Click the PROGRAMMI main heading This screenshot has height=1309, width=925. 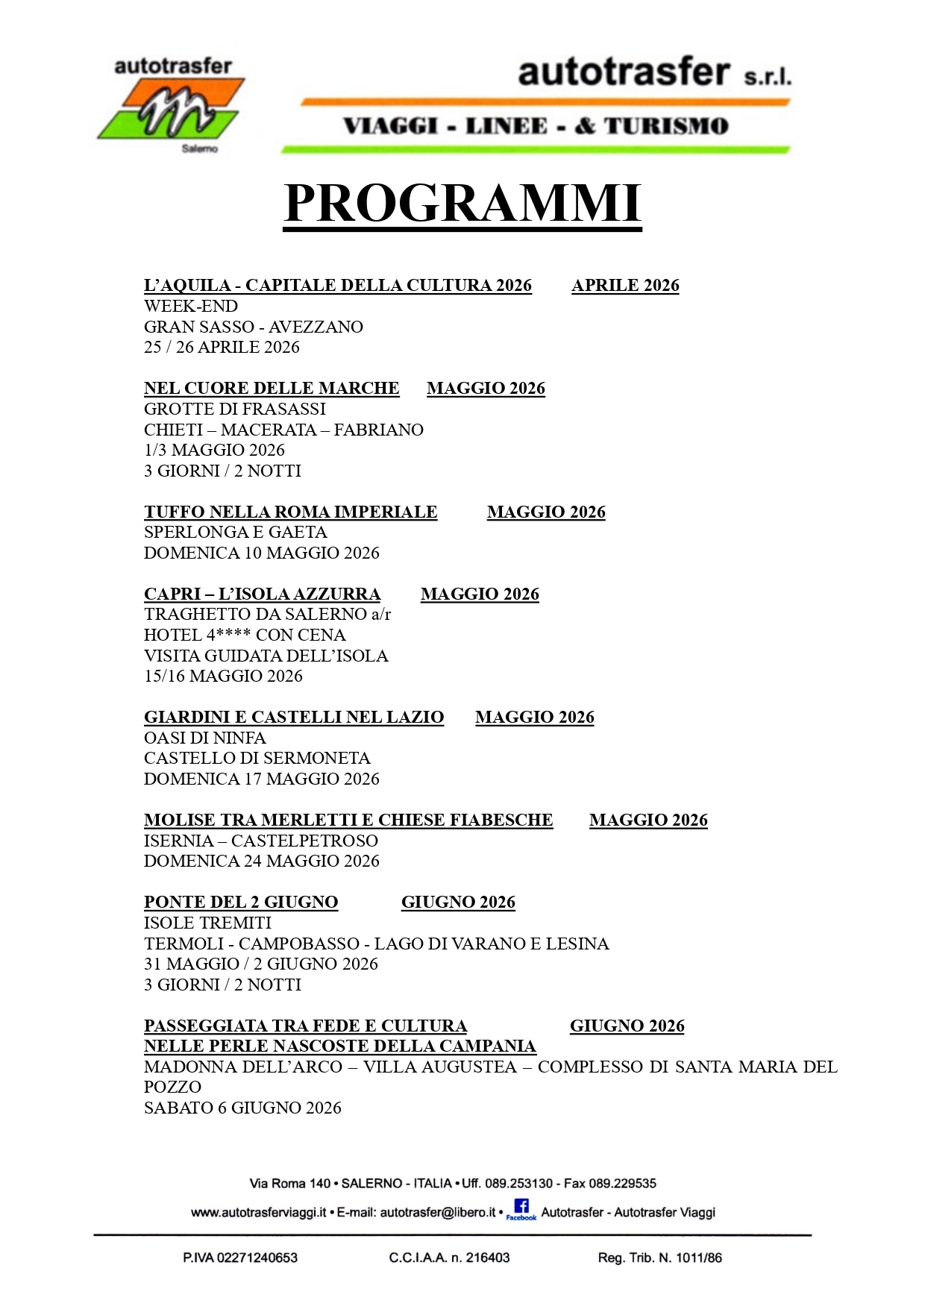pyautogui.click(x=462, y=204)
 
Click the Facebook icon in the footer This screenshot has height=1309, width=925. pyautogui.click(x=521, y=1209)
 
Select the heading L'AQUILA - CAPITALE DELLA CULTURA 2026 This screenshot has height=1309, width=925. pyautogui.click(x=337, y=286)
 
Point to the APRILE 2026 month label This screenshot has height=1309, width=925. pyautogui.click(x=625, y=286)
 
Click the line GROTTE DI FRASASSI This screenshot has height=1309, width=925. pyautogui.click(x=235, y=409)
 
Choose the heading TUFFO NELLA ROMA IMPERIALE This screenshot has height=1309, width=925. pyautogui.click(x=290, y=512)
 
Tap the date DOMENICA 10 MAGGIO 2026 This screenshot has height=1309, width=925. pyautogui.click(x=261, y=553)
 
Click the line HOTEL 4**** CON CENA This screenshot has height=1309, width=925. pyautogui.click(x=245, y=635)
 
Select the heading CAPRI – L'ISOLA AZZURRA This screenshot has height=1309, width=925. pyautogui.click(x=262, y=594)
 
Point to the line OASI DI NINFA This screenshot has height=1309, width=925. pyautogui.click(x=204, y=738)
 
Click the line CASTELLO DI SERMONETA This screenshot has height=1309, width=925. pyautogui.click(x=257, y=758)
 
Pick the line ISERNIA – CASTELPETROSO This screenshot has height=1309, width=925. pyautogui.click(x=260, y=841)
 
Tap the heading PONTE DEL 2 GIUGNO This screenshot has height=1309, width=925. pyautogui.click(x=241, y=903)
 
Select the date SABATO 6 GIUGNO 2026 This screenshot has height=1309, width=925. pyautogui.click(x=242, y=1108)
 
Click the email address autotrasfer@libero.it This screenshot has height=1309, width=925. pyautogui.click(x=437, y=1213)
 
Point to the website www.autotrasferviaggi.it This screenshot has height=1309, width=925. pyautogui.click(x=258, y=1213)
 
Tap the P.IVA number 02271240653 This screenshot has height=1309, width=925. pyautogui.click(x=257, y=1258)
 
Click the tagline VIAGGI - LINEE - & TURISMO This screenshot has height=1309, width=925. pyautogui.click(x=536, y=126)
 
